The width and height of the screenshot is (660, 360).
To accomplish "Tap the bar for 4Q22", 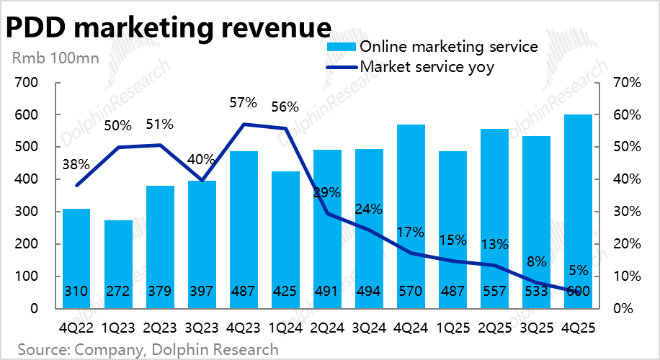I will [x=76, y=259].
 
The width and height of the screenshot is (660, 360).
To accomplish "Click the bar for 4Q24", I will [x=411, y=216].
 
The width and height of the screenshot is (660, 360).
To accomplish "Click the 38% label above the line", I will [x=76, y=164].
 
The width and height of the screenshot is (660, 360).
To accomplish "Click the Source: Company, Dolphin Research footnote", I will [x=148, y=350].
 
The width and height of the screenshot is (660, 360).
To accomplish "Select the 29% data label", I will [x=326, y=193].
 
